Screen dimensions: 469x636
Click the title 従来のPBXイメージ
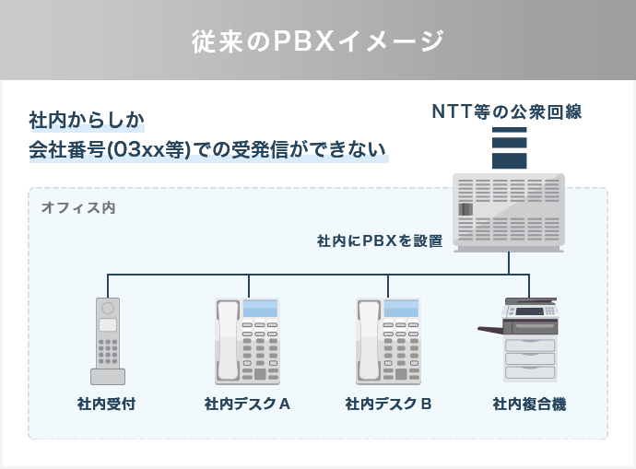click(318, 41)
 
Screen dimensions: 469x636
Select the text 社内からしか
click(87, 120)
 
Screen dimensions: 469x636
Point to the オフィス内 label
click(77, 208)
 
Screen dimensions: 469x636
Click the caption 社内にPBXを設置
click(380, 241)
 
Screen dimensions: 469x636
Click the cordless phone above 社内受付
click(108, 339)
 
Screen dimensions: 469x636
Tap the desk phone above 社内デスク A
click(247, 341)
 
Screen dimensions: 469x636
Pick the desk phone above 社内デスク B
click(388, 341)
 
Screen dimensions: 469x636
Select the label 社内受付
click(108, 404)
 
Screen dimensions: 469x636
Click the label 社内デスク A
click(247, 404)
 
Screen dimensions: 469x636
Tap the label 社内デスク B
click(388, 404)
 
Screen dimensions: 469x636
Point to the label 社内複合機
click(529, 404)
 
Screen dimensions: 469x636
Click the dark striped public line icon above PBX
click(509, 147)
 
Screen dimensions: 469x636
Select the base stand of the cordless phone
click(108, 376)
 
